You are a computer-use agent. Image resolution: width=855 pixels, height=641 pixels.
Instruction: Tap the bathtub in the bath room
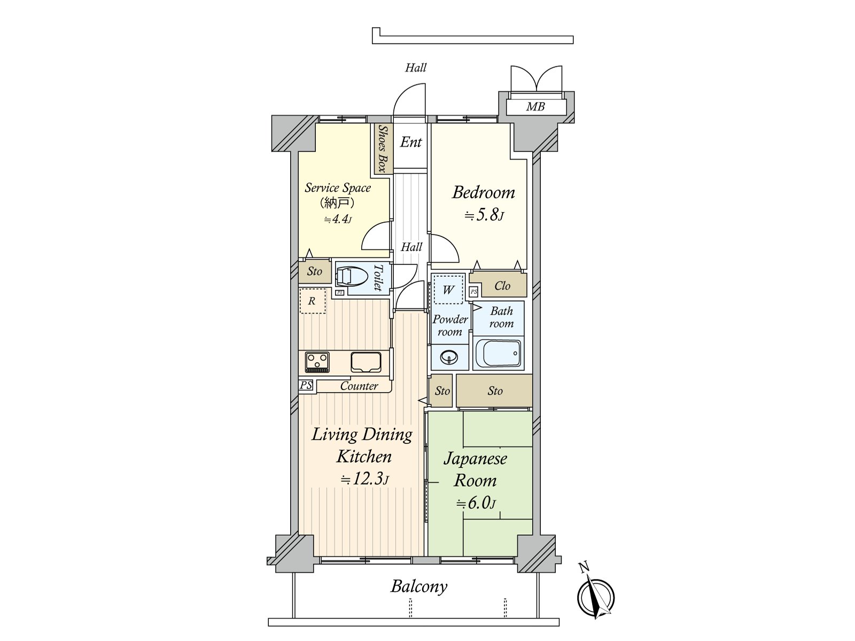click(498, 354)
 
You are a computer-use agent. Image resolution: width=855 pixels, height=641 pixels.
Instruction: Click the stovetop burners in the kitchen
click(317, 362)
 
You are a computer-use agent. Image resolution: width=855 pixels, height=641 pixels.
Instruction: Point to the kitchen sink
click(366, 362)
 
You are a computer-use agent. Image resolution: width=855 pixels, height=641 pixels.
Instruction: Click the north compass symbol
click(595, 597)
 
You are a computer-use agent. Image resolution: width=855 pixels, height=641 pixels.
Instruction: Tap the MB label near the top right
click(535, 106)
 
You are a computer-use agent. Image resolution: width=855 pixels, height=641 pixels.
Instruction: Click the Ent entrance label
click(410, 142)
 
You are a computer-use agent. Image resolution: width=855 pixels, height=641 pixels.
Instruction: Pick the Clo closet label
click(502, 286)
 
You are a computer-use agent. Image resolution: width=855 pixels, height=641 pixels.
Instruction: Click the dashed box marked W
click(448, 290)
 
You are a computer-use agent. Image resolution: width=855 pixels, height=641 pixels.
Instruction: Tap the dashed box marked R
click(313, 301)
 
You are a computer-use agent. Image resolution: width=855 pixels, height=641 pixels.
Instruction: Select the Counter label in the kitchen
click(359, 386)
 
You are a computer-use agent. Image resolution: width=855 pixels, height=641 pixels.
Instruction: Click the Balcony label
click(419, 587)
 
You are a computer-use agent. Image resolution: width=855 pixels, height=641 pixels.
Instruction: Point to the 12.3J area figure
click(364, 479)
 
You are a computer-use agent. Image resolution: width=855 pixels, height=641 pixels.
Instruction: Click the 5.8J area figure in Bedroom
click(484, 214)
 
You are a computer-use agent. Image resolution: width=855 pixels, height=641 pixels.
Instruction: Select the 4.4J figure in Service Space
click(338, 220)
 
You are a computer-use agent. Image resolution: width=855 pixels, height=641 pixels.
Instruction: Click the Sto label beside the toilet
click(314, 271)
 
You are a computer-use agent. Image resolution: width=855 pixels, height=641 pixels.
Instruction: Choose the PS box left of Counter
click(306, 385)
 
